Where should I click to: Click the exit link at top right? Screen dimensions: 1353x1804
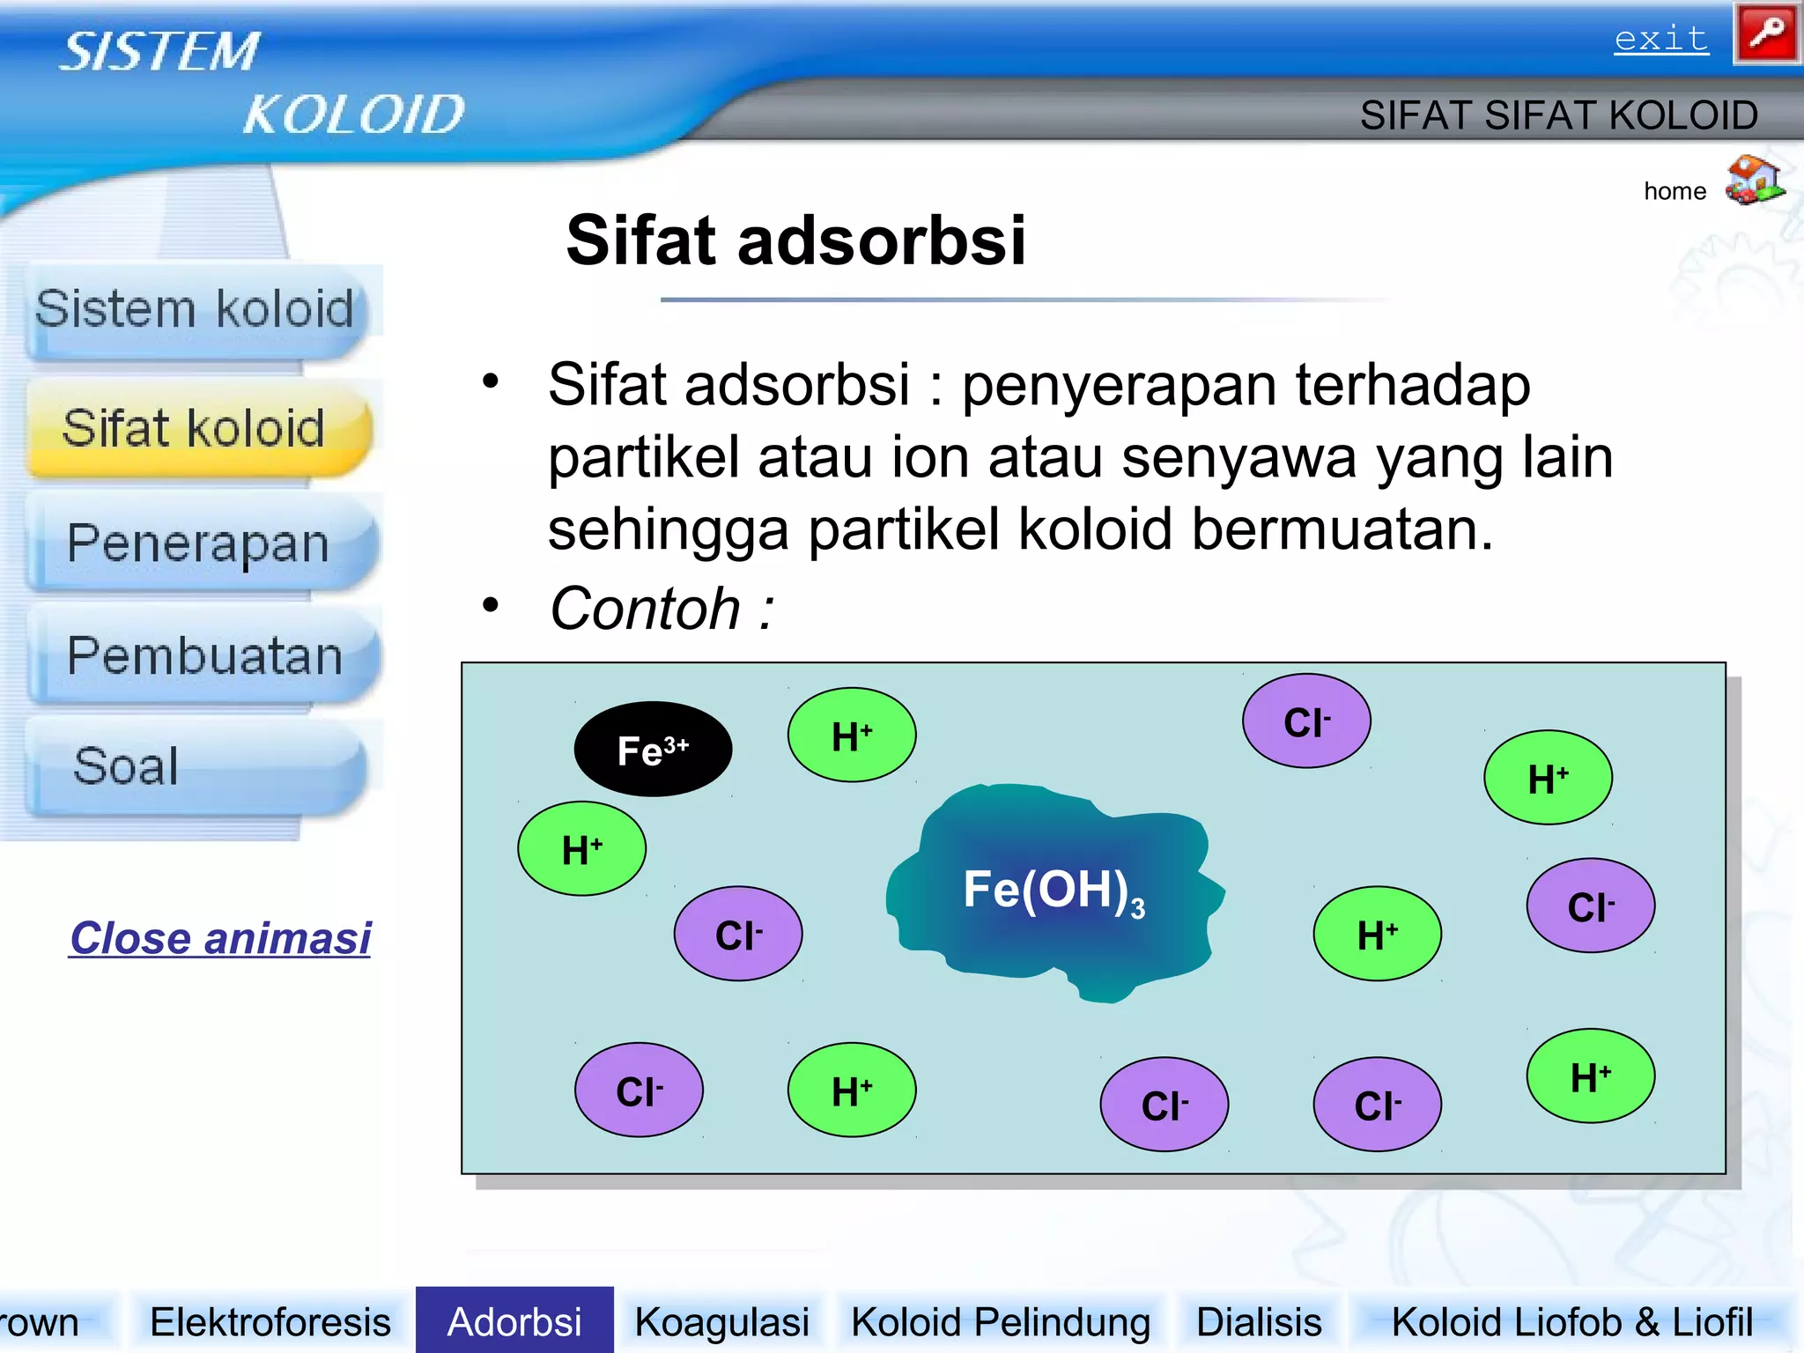coord(1660,40)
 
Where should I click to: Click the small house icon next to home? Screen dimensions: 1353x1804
coord(1753,181)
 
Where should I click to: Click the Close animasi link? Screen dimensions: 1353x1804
coord(220,938)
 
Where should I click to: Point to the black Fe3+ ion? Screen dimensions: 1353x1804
coord(653,750)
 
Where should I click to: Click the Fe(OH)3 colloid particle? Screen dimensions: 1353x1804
coord(1054,890)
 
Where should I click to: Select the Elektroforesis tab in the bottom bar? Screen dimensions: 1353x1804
coord(270,1322)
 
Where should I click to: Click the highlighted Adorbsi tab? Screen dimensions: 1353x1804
coord(514,1321)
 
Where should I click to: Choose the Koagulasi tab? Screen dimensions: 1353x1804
coord(721,1322)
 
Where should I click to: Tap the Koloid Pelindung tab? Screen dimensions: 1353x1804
coord(1000,1322)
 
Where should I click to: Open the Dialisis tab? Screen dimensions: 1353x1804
coord(1258,1322)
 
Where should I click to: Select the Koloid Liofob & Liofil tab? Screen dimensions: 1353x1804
coord(1571,1322)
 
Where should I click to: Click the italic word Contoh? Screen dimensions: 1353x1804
coord(646,609)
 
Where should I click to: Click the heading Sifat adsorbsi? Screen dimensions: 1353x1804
coord(795,240)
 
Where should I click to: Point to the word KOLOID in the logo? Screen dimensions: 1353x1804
coord(353,115)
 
